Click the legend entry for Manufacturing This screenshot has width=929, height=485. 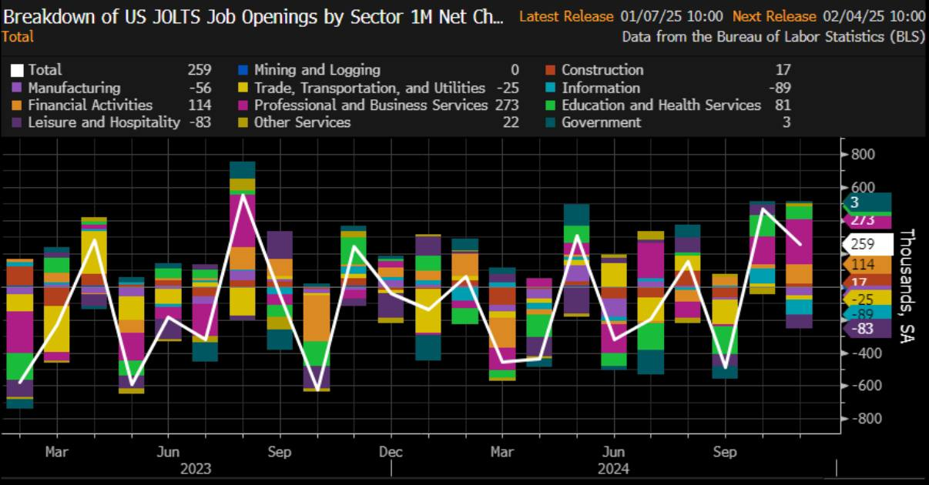click(x=75, y=88)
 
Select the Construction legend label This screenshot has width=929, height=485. click(x=602, y=70)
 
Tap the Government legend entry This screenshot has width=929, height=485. click(x=601, y=122)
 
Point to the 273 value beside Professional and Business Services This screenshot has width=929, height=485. click(x=508, y=105)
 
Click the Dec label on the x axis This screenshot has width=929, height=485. click(x=391, y=452)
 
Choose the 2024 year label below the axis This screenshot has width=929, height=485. click(x=613, y=469)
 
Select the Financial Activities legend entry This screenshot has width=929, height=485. click(x=90, y=105)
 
